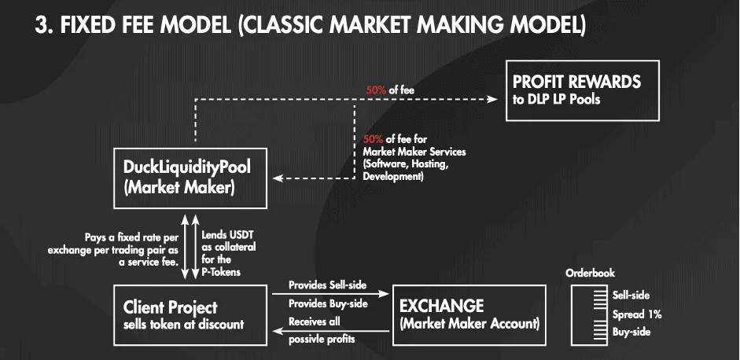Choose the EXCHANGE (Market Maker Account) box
point(469,314)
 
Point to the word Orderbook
point(590,274)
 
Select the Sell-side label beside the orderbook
point(631,296)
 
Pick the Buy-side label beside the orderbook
point(631,332)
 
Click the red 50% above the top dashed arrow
point(376,90)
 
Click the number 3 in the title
point(42,26)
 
